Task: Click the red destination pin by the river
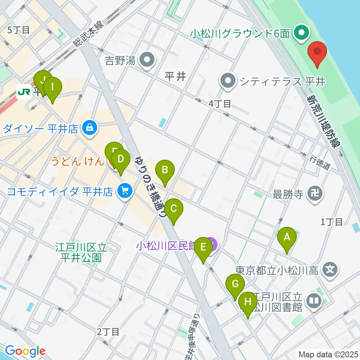[x=317, y=53]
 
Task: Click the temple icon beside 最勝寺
[x=314, y=194]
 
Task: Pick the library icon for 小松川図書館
[x=313, y=300]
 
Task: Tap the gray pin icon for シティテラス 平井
[x=228, y=81]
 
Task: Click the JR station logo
[x=25, y=91]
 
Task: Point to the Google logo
[x=25, y=351]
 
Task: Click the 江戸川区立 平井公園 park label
[x=81, y=253]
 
